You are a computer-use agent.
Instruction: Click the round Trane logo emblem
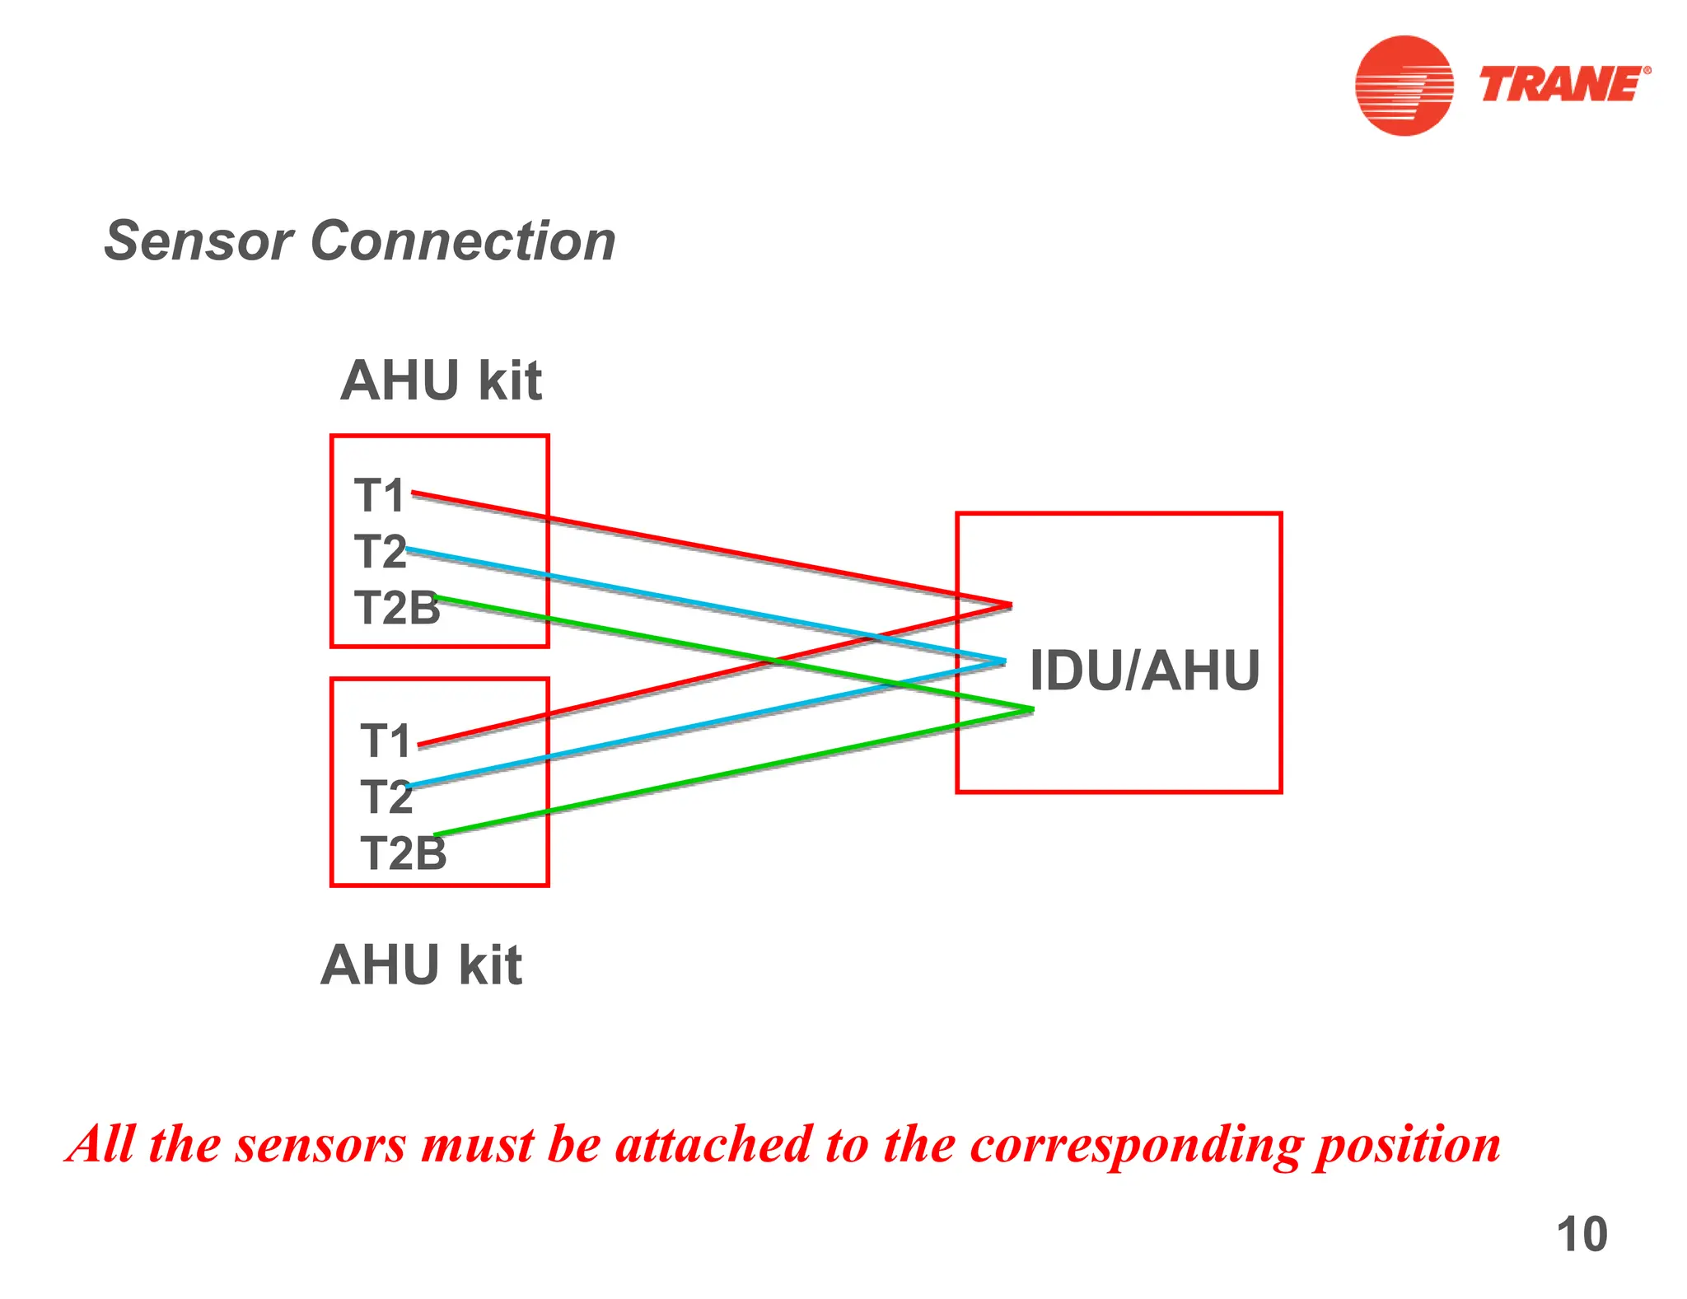pos(1404,85)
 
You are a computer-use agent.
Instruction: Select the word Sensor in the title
pos(199,241)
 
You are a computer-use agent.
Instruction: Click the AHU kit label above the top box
pos(441,381)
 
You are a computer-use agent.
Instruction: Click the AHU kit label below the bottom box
pos(421,965)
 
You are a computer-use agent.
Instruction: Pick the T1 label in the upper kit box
pos(380,496)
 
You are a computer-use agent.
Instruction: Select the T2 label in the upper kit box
pos(380,551)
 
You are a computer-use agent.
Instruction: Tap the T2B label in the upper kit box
pos(397,608)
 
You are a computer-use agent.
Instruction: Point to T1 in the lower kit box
pos(386,741)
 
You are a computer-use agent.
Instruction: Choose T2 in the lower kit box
pos(386,797)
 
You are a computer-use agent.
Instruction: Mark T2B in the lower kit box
pos(404,853)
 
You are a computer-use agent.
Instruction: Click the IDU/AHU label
pos(1144,671)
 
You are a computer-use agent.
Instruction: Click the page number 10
pos(1582,1234)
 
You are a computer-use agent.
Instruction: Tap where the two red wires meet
pos(1010,605)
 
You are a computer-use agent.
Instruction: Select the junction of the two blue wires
pos(1003,661)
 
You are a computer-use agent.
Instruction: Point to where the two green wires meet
pos(1031,709)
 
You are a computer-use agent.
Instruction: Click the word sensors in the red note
pos(320,1145)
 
